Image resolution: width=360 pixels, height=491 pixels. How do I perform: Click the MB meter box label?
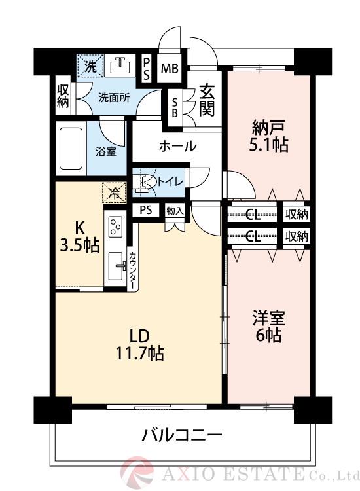[x=170, y=68]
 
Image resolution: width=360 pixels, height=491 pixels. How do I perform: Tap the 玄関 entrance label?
[x=207, y=101]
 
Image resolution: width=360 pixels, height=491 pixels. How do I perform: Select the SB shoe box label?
[x=175, y=107]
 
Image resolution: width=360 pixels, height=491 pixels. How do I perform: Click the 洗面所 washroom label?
[x=114, y=98]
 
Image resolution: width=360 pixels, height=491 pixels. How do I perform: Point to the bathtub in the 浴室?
[x=71, y=148]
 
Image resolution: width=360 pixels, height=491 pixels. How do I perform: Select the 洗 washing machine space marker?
[x=90, y=65]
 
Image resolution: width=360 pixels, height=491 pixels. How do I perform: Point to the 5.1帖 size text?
[x=268, y=145]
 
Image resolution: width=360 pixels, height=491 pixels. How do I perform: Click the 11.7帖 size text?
[x=139, y=354]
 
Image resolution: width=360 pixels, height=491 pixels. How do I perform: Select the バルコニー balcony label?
[x=183, y=435]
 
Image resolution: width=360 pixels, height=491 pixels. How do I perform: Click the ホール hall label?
[x=178, y=146]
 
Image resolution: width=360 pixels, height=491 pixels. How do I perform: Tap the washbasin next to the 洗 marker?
[x=120, y=65]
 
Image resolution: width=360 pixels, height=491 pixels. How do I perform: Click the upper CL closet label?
[x=253, y=215]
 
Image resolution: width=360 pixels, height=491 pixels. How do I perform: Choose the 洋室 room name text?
[x=268, y=318]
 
